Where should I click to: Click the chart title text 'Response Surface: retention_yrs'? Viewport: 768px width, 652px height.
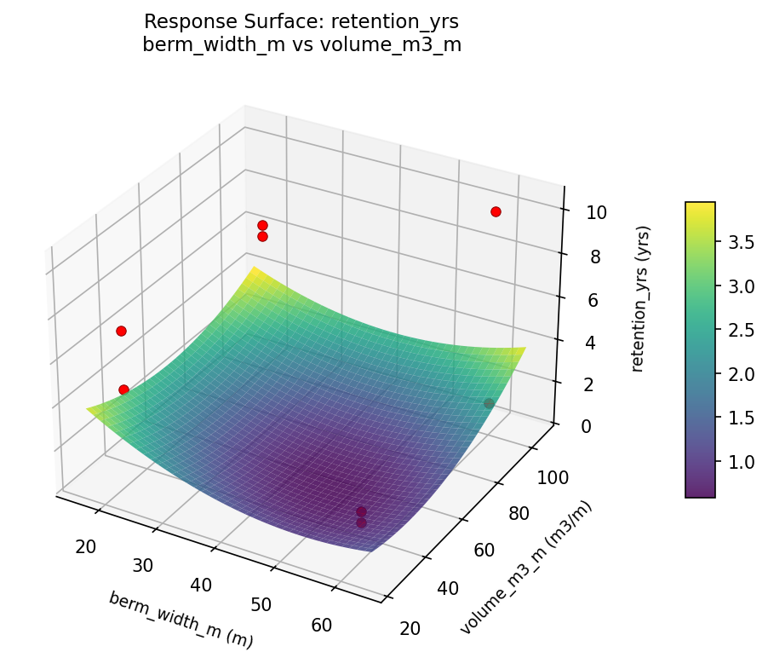pos(302,21)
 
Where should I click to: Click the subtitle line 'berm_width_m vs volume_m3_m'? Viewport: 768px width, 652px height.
pos(302,45)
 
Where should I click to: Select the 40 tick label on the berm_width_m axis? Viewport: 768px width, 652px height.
pos(202,585)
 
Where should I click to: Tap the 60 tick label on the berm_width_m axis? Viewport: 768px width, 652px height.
pos(322,625)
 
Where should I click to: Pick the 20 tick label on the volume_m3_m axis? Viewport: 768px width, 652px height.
pos(410,628)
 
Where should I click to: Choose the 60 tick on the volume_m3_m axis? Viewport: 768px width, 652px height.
pos(484,551)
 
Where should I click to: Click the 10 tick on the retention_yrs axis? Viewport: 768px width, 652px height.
pos(596,212)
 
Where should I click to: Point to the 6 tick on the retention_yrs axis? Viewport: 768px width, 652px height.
pos(594,300)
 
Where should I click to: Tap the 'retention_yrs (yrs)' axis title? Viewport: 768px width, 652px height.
pos(644,298)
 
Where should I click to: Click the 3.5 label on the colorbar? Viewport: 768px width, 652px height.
pos(740,242)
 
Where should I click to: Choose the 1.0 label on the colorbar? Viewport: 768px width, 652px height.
pos(740,461)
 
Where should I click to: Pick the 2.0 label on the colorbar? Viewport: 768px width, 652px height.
pos(740,373)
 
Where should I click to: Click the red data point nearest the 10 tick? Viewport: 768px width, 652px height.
pos(496,211)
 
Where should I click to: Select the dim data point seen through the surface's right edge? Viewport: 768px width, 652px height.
pos(489,403)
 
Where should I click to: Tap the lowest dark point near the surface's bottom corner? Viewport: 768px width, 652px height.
pos(361,522)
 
